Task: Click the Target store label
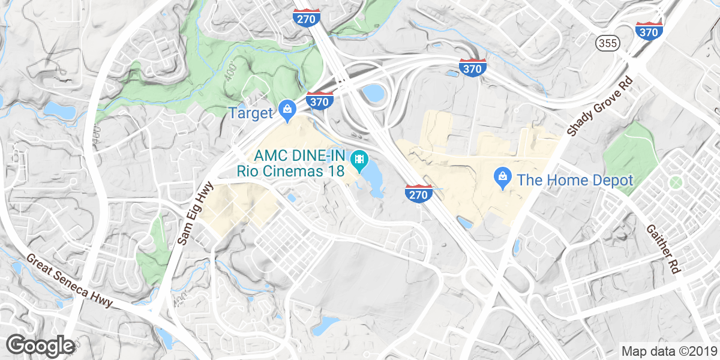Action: (x=251, y=112)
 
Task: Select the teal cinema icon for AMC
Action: (x=359, y=160)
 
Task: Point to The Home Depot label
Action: (x=575, y=179)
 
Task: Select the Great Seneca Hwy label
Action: (x=69, y=280)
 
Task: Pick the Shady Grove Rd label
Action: (x=596, y=106)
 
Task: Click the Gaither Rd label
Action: (x=662, y=249)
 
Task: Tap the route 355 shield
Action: (x=607, y=43)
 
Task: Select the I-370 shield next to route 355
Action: (x=649, y=32)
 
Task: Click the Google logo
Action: (x=40, y=346)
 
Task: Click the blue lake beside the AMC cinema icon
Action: (x=373, y=178)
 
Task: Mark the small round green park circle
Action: (x=676, y=182)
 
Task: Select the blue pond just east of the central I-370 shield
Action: (x=373, y=93)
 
